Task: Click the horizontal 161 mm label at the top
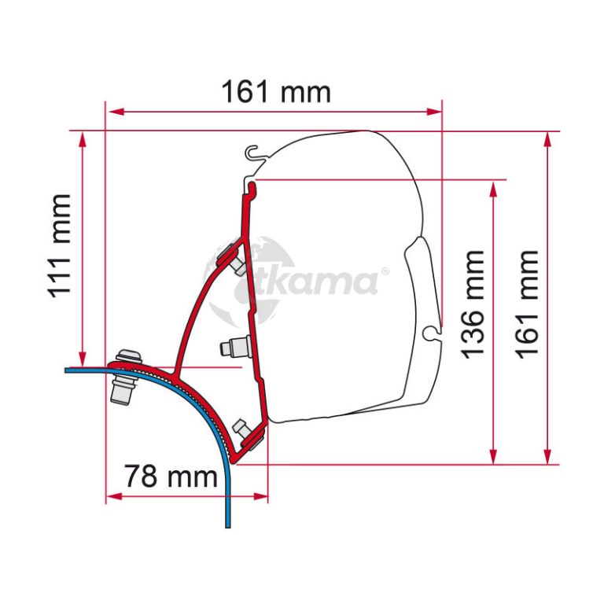click(276, 92)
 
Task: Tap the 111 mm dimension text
click(60, 246)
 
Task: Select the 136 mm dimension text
click(472, 304)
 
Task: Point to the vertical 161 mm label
click(526, 304)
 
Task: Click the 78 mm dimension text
click(171, 476)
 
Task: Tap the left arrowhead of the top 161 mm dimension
click(116, 112)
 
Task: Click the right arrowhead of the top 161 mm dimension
click(434, 112)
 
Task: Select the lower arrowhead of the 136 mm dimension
click(493, 456)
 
